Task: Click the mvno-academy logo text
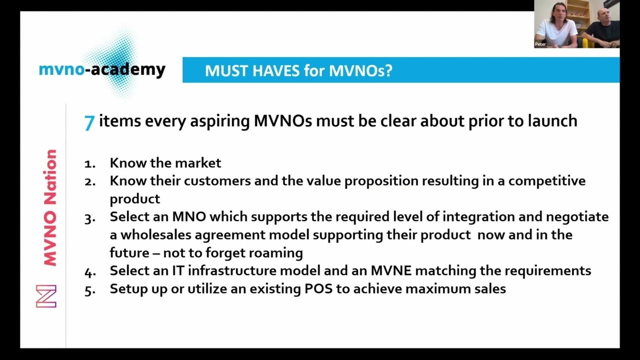(x=102, y=69)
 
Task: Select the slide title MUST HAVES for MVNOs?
(x=298, y=70)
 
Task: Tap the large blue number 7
(x=89, y=122)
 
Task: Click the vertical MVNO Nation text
(x=50, y=207)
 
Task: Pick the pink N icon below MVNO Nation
(x=46, y=296)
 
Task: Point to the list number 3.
(x=89, y=218)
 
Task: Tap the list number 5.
(x=89, y=290)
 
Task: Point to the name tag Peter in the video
(x=540, y=44)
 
